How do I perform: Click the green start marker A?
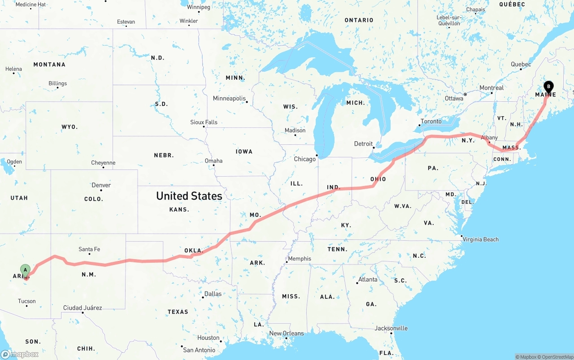click(x=26, y=270)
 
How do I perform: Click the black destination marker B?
click(x=548, y=87)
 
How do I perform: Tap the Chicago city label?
click(x=304, y=159)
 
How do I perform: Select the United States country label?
click(x=189, y=196)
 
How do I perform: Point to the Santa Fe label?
click(x=89, y=249)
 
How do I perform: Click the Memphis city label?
click(x=299, y=259)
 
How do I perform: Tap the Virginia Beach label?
click(x=481, y=239)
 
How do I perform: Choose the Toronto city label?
click(x=431, y=121)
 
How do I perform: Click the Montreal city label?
click(x=491, y=88)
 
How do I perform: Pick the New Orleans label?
click(x=286, y=334)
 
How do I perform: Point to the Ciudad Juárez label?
click(x=83, y=308)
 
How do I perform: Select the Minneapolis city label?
click(x=229, y=99)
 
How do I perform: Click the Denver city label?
click(x=101, y=185)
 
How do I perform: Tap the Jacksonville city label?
click(x=391, y=329)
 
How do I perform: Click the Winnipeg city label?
click(x=198, y=7)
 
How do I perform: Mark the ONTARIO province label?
click(x=359, y=20)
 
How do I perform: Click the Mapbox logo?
click(x=20, y=354)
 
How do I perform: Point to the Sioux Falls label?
click(x=204, y=122)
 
